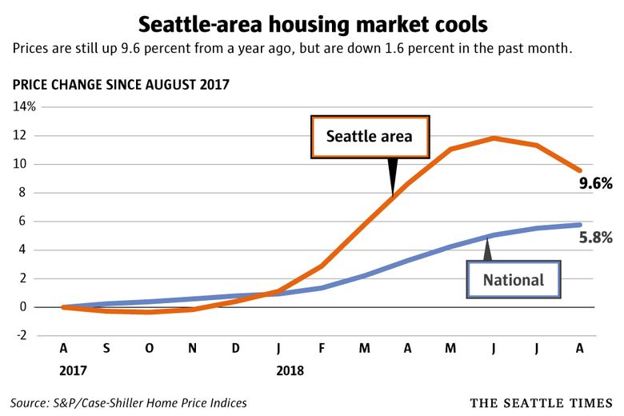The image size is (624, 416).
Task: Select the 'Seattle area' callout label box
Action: pyautogui.click(x=369, y=136)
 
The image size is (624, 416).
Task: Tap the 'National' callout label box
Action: pyautogui.click(x=513, y=280)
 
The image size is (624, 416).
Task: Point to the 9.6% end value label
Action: pyautogui.click(x=595, y=184)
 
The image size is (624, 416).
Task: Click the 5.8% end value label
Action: pyautogui.click(x=595, y=237)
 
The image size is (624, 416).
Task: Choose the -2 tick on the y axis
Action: pyautogui.click(x=26, y=336)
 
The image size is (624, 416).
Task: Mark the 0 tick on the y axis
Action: pyautogui.click(x=30, y=307)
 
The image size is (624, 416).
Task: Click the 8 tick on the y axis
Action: pyautogui.click(x=30, y=193)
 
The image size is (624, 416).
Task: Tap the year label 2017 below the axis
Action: pyautogui.click(x=72, y=372)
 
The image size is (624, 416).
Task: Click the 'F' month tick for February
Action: pyautogui.click(x=322, y=349)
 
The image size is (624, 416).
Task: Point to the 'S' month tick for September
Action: pyautogui.click(x=106, y=349)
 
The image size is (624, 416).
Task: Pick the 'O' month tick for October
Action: pyautogui.click(x=149, y=349)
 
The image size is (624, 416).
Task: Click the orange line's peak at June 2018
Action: pyautogui.click(x=494, y=138)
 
